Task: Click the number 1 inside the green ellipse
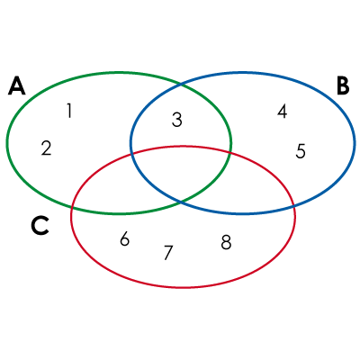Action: click(69, 111)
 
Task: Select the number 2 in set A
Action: click(46, 148)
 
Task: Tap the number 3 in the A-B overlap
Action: click(177, 120)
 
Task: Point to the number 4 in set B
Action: click(282, 111)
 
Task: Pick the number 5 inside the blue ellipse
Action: click(301, 151)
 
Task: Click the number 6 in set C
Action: click(124, 239)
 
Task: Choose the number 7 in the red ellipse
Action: click(168, 253)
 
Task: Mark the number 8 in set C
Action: click(226, 242)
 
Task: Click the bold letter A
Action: click(16, 85)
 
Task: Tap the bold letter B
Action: click(343, 85)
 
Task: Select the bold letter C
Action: click(40, 226)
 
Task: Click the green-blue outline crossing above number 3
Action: click(180, 85)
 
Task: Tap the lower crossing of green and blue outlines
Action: click(180, 202)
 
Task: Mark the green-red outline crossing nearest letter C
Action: click(72, 207)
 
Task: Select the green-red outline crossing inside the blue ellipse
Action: click(230, 152)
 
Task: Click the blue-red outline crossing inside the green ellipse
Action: click(131, 154)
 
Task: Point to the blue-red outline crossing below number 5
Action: click(294, 206)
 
